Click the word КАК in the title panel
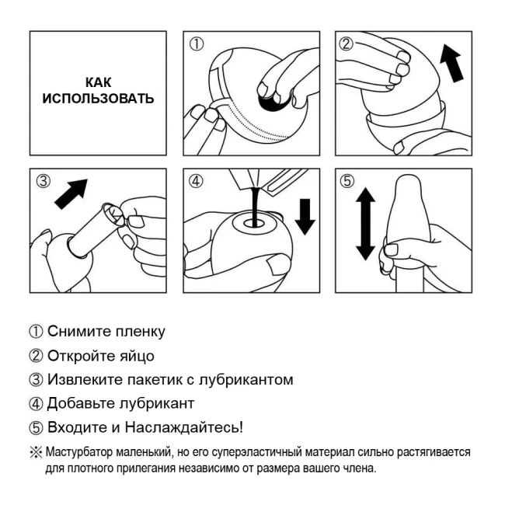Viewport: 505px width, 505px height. tap(98, 81)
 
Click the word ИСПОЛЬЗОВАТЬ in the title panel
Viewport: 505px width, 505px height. tap(98, 99)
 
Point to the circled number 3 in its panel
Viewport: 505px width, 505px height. tap(45, 182)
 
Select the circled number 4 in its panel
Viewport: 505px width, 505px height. tap(197, 182)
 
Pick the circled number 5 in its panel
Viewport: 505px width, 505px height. tap(348, 182)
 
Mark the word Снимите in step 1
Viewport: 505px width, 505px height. tap(76, 333)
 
